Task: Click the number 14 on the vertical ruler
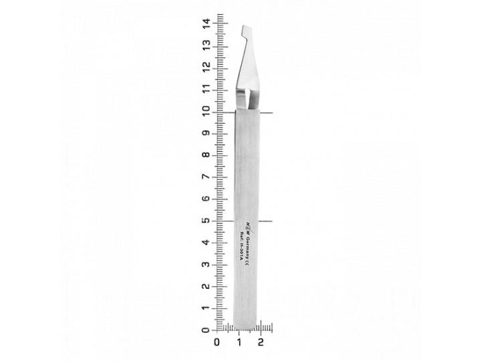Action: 207,24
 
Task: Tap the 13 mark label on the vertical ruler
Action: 207,46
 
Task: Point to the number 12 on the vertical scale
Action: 207,68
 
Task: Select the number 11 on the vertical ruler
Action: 207,90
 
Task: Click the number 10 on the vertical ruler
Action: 207,112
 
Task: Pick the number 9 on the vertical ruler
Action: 207,133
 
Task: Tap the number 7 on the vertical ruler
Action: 207,176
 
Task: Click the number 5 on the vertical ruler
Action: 207,220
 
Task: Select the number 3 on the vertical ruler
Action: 207,264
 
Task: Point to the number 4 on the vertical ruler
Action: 207,242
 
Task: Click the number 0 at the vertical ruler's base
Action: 207,330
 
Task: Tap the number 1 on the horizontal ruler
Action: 239,343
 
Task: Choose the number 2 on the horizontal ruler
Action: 261,343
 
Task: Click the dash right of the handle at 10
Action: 266,112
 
